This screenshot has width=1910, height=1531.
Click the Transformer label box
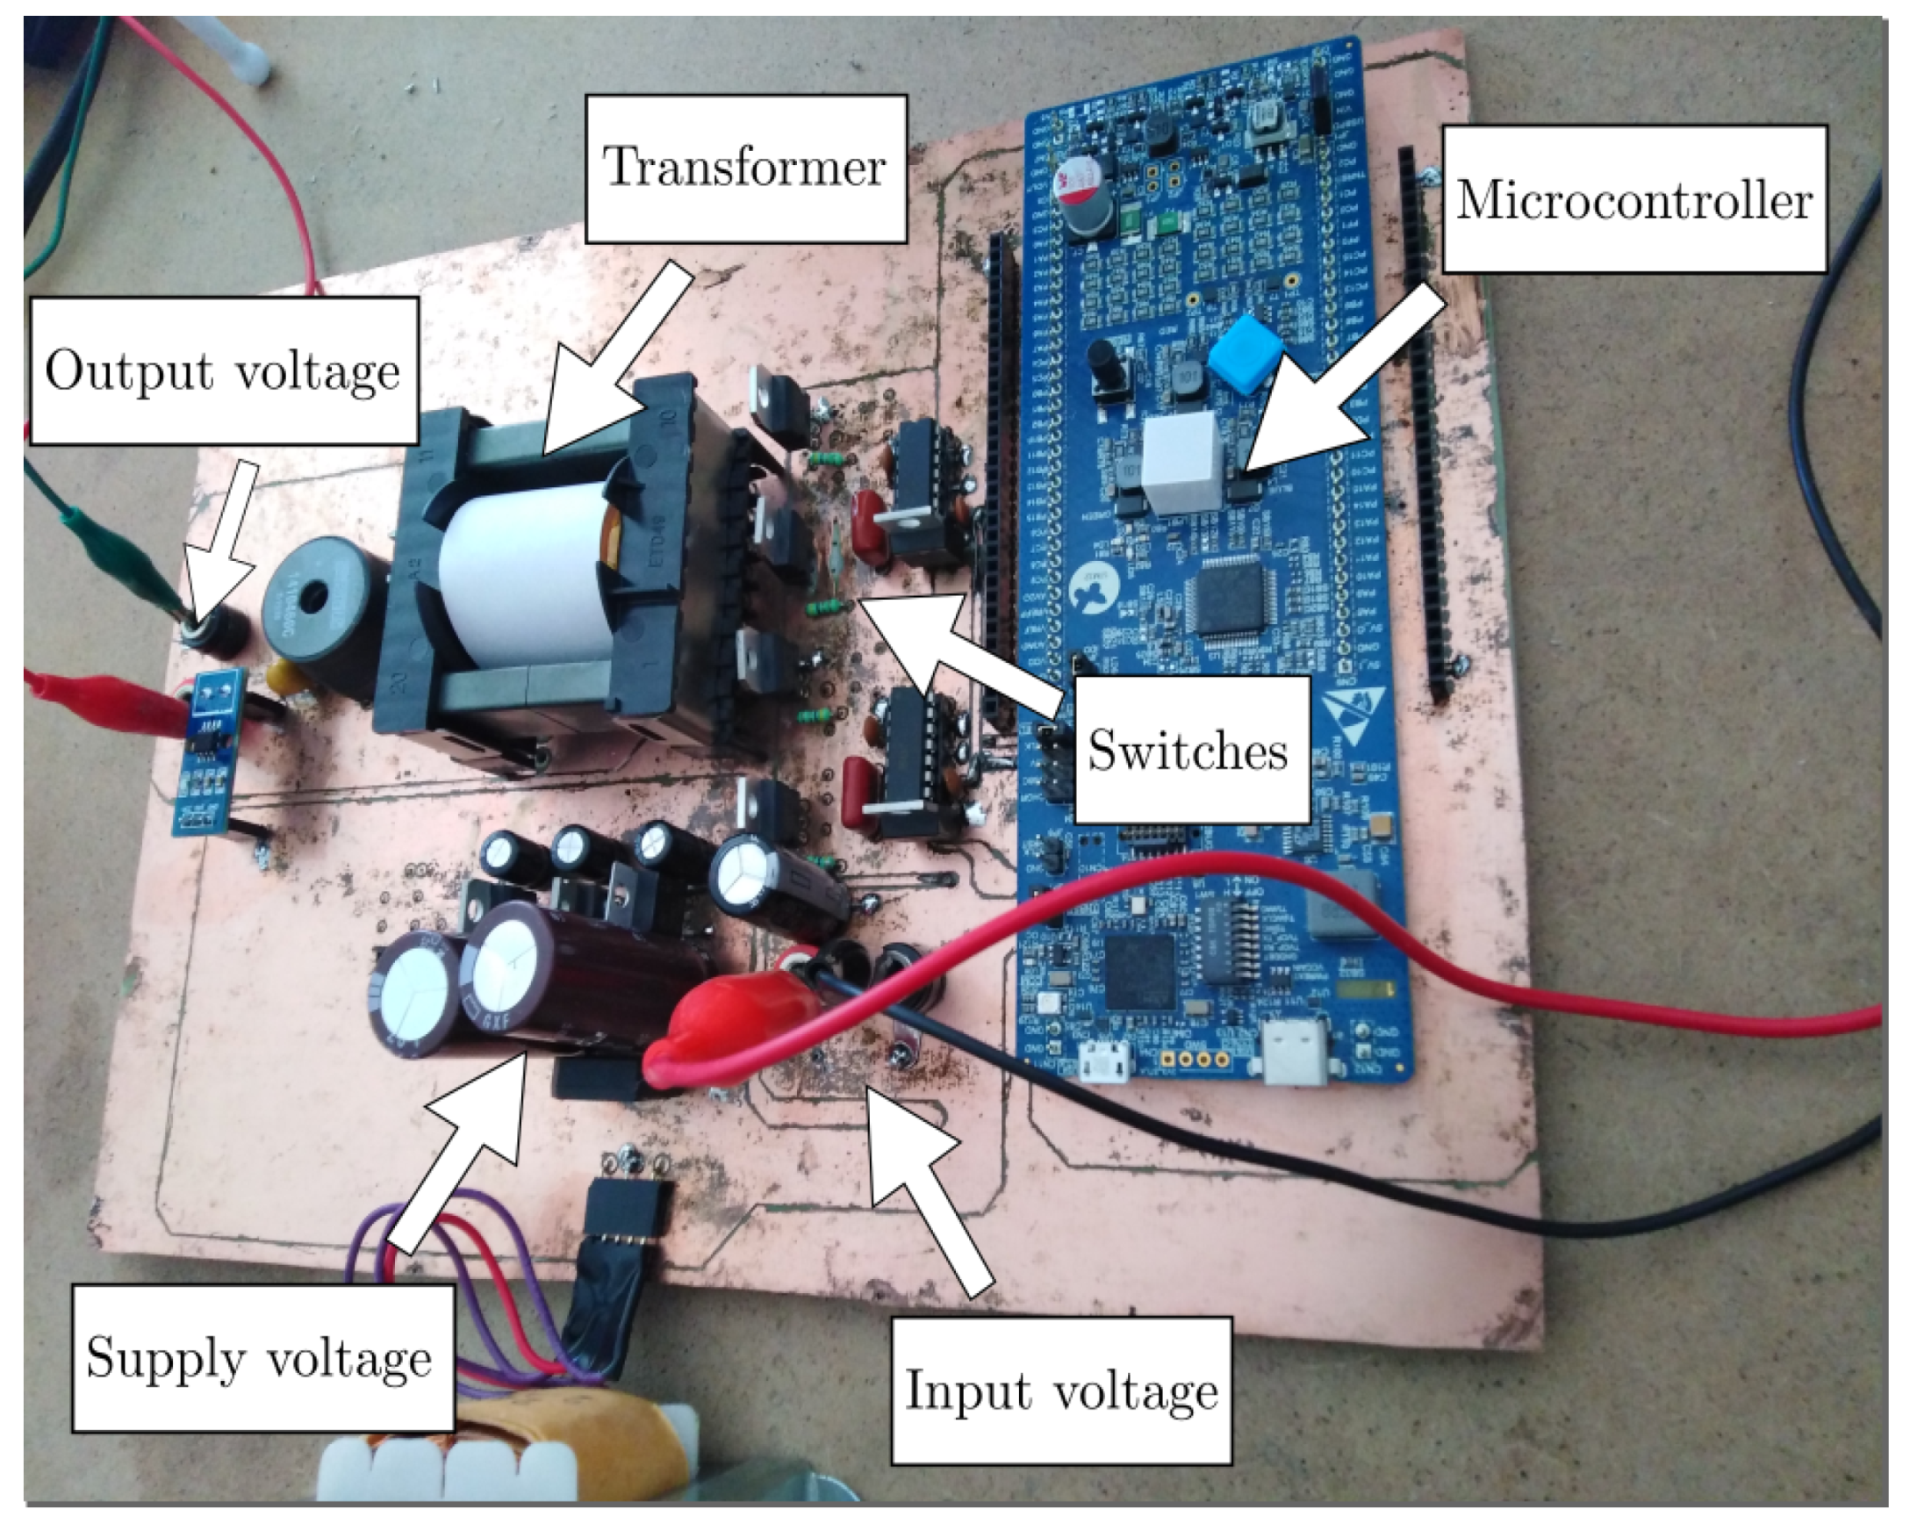click(745, 169)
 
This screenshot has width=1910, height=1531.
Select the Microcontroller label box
click(1634, 199)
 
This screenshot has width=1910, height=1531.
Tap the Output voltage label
click(223, 370)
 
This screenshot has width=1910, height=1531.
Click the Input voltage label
click(1060, 1391)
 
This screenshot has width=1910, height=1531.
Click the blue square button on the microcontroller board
click(1249, 353)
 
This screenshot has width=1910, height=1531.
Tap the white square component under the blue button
click(1182, 463)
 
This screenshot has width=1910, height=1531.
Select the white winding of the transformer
click(522, 580)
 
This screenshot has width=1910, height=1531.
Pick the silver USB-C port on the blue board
click(1296, 1053)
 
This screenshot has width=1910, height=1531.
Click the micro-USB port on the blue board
click(1106, 1060)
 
